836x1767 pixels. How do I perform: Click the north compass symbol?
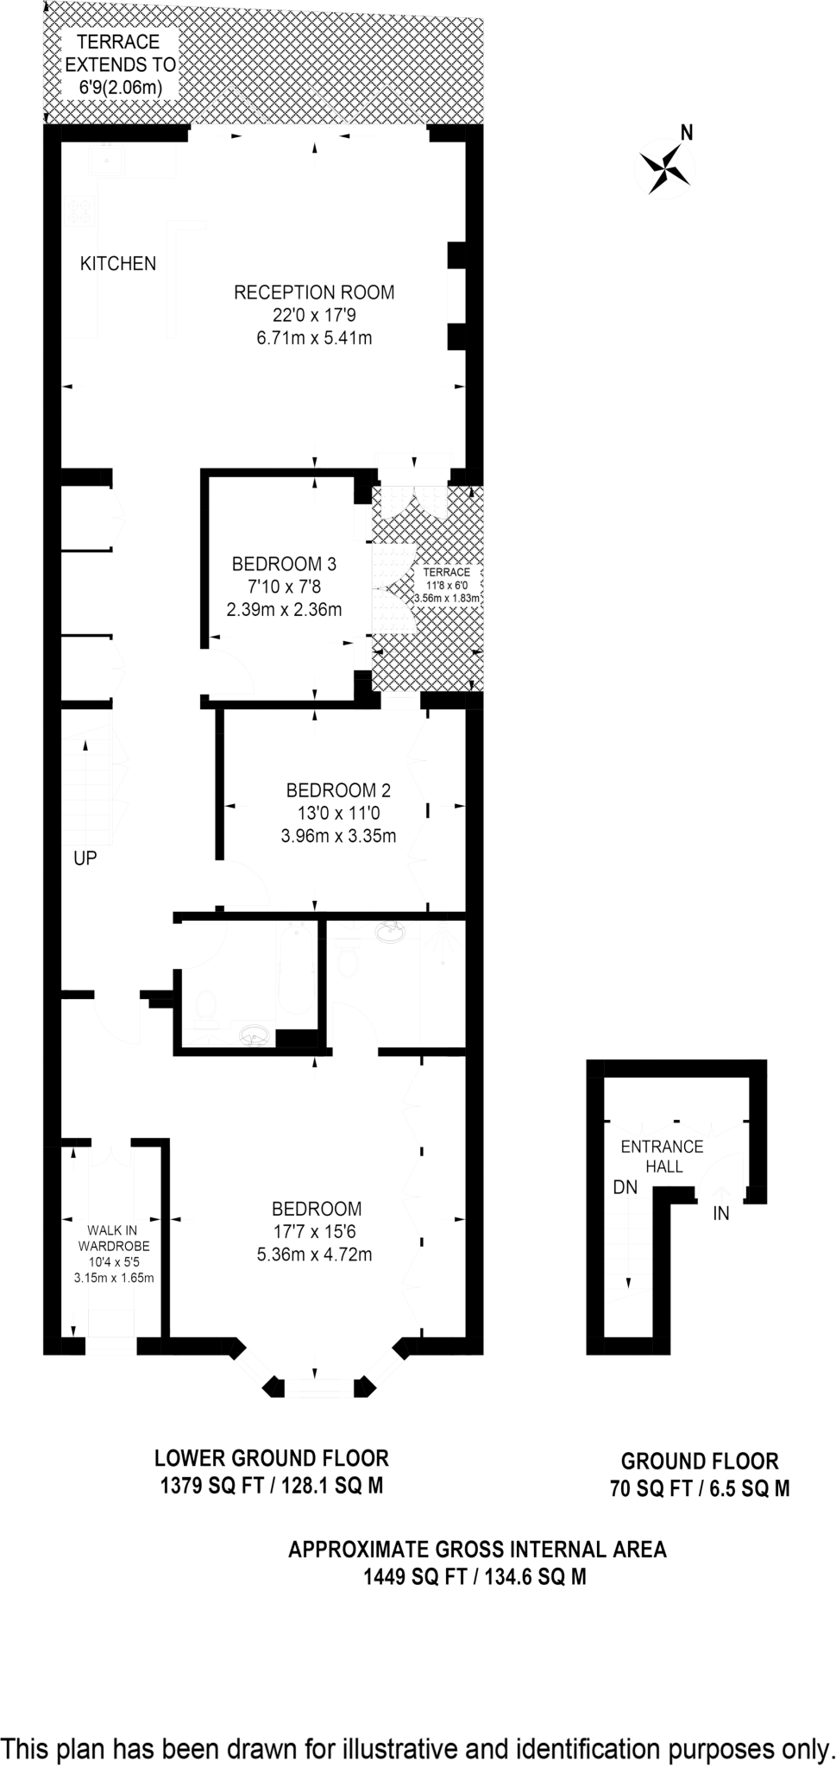coord(666,166)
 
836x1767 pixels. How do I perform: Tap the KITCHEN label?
coord(118,264)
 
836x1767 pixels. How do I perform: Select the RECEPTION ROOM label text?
coord(314,292)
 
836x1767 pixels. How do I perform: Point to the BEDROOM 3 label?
coord(284,564)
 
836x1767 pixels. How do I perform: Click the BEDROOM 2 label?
coord(338,790)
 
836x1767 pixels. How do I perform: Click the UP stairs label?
coord(85,858)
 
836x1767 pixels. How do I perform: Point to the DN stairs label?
coord(625,1187)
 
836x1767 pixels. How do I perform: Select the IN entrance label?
coord(721,1214)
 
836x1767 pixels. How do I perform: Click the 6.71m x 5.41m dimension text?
coord(314,338)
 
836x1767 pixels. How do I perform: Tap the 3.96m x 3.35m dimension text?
coord(338,836)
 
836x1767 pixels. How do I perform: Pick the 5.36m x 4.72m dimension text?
coord(314,1255)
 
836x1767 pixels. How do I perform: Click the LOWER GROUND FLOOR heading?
coord(271,1458)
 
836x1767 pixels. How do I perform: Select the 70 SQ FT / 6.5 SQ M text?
coord(700,1489)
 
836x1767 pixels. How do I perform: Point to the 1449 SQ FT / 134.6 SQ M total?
coord(475,1577)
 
